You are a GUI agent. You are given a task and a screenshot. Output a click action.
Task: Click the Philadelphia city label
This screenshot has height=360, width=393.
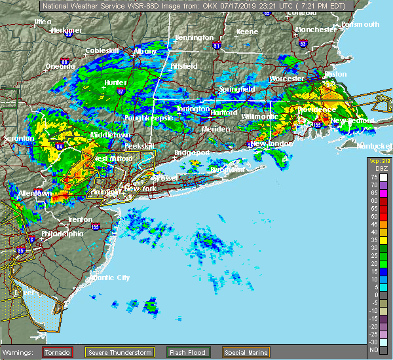[63, 234]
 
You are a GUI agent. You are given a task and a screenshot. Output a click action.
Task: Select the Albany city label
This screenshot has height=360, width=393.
[145, 51]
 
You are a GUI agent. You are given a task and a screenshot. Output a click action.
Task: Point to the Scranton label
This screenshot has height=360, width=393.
[18, 139]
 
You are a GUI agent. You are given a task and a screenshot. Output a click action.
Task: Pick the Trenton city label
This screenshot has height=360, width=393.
[79, 219]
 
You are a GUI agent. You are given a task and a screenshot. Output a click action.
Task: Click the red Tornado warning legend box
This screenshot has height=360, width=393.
[58, 352]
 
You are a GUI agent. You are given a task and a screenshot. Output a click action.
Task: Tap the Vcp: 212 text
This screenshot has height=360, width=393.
[378, 161]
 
